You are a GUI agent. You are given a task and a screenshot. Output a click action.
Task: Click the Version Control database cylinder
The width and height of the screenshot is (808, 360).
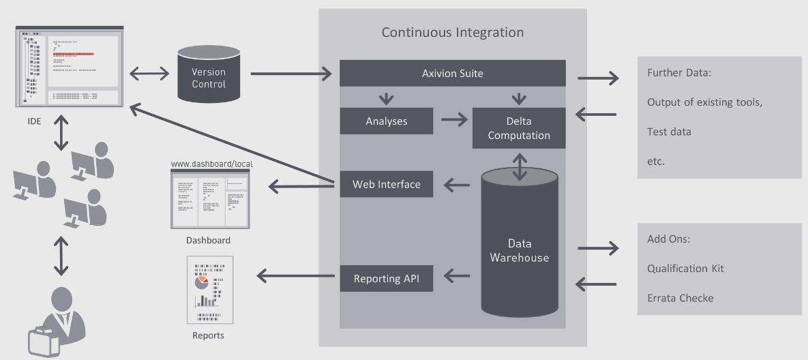209,74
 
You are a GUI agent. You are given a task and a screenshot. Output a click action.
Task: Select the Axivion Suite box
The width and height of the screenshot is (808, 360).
453,73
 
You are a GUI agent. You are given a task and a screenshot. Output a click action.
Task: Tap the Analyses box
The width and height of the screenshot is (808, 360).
387,121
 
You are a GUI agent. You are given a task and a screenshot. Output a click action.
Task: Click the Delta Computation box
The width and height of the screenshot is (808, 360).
519,128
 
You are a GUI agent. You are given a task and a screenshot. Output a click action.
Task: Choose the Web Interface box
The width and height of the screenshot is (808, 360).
387,184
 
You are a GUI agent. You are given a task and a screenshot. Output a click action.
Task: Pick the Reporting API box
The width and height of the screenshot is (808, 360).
387,279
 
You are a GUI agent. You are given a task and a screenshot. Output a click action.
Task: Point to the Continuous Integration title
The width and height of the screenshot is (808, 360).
453,32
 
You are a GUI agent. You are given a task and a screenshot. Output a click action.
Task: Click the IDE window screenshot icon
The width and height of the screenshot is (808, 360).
70,66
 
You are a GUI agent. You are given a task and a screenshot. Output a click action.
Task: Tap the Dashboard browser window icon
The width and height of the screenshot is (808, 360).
210,199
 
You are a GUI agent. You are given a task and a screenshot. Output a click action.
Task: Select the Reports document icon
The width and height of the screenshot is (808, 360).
210,290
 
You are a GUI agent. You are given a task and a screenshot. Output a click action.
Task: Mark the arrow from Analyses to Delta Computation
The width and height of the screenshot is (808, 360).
454,121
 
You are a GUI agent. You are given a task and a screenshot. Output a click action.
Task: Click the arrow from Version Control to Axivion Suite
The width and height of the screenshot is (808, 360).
291,74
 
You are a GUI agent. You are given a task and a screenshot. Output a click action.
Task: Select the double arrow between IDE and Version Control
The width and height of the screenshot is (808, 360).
149,74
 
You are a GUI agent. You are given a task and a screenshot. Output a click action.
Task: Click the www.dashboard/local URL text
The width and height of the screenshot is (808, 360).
212,164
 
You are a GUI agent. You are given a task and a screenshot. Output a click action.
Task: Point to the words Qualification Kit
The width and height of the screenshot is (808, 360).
685,269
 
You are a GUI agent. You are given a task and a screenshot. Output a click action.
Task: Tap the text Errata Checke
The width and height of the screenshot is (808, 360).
680,298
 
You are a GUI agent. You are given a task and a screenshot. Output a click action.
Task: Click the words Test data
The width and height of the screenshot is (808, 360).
669,132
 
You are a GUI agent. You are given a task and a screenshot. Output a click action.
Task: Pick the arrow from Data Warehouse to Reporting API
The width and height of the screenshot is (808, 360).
457,277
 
